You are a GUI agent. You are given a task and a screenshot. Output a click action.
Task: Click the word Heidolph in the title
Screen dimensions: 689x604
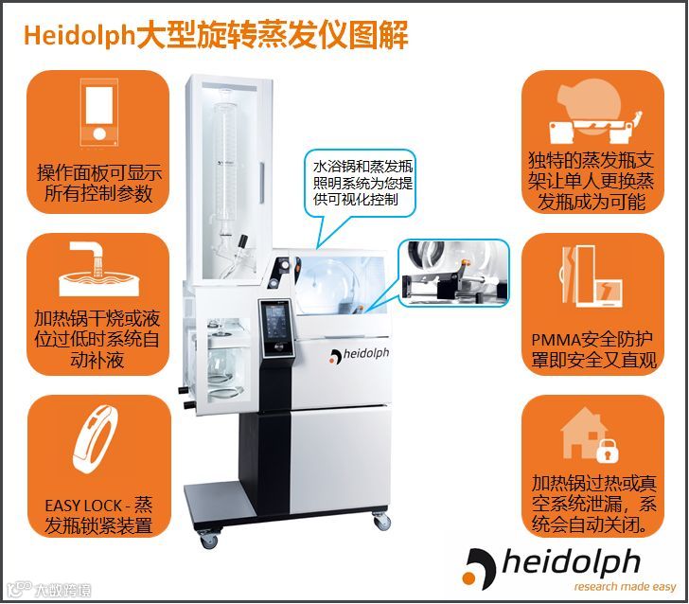(79, 35)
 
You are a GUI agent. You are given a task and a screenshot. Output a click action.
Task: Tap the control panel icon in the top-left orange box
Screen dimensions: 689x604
(98, 112)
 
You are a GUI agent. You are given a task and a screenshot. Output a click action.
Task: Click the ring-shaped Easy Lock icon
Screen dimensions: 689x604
(97, 438)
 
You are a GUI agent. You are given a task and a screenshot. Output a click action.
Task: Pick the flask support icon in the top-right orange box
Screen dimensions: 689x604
(594, 114)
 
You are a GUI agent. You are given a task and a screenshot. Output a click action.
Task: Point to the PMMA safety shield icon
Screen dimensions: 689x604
(592, 276)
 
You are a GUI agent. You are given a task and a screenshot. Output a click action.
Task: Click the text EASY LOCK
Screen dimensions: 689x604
(83, 506)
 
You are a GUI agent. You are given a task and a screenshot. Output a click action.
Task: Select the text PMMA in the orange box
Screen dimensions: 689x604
(556, 340)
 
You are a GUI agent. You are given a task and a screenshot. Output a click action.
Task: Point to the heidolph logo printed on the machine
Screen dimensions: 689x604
(360, 355)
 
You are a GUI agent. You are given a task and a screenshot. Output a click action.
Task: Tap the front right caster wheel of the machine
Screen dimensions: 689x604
(381, 521)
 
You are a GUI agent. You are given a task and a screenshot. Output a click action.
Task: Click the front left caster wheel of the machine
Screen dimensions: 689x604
(208, 539)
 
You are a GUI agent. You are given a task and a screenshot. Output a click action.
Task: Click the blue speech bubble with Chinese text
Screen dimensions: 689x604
(361, 185)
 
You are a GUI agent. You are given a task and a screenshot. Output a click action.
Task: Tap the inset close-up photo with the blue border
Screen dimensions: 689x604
(454, 273)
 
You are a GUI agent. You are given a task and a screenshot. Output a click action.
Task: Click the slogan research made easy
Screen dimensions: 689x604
(625, 586)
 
